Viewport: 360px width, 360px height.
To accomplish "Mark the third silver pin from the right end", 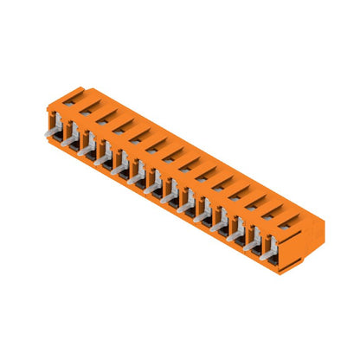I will point(235,227).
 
